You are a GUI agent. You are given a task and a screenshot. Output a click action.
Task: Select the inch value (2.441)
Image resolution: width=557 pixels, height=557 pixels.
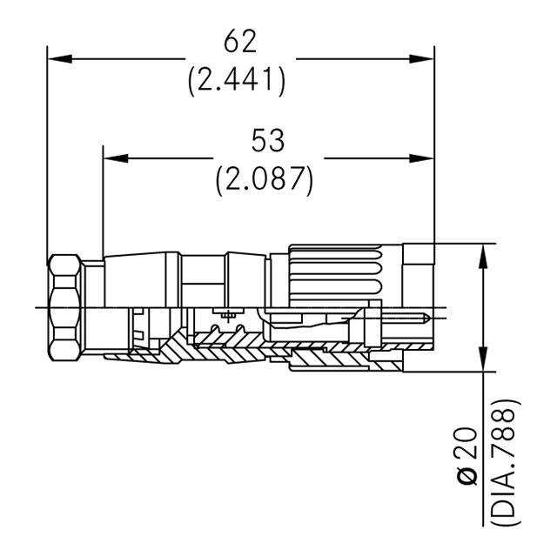[238, 79]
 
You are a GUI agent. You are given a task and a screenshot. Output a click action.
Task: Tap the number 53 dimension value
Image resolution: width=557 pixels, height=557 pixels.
[265, 141]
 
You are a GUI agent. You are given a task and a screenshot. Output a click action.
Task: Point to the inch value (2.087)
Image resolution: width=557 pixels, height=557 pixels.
[265, 178]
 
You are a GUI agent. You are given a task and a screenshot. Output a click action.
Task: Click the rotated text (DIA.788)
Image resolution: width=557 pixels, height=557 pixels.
[506, 461]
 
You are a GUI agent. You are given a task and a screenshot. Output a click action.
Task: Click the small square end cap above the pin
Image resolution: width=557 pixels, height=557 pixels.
[419, 256]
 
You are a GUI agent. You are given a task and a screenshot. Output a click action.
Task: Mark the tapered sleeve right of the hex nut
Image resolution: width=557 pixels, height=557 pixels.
[139, 278]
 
